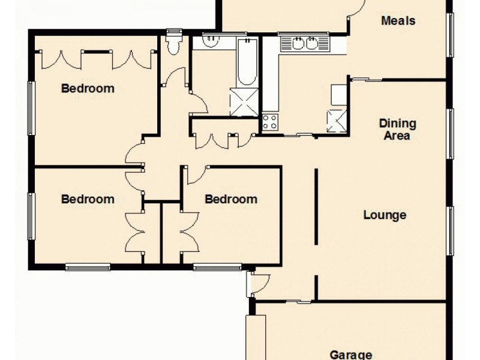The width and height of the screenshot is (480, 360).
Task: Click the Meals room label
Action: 398,21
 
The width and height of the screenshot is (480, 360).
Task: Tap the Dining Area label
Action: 397,129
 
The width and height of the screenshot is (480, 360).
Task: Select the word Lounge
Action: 385,215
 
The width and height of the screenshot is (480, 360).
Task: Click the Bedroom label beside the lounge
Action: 231,199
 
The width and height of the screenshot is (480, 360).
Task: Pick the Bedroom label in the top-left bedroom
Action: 88,88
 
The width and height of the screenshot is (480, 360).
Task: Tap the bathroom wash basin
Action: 211,41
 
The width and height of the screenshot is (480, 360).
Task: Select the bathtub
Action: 246,63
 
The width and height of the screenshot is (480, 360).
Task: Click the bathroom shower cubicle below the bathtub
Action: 244,102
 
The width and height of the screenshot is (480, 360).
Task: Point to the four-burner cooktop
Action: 269,122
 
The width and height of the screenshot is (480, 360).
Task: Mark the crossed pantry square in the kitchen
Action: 336,121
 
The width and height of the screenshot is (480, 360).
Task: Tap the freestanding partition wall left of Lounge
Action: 316,207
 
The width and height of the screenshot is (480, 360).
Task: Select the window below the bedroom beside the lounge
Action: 217,267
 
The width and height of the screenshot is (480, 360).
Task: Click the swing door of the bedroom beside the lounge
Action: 194,174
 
